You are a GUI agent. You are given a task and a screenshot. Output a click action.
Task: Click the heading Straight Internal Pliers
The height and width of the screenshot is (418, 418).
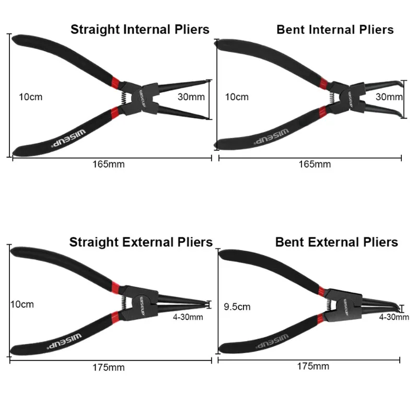tap(140, 30)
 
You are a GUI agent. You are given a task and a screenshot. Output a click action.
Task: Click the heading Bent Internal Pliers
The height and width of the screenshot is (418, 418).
tap(335, 30)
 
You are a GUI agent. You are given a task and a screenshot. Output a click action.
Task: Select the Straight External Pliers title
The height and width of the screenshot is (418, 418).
tap(141, 242)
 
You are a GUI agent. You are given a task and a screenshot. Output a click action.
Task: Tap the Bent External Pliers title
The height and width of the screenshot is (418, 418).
tap(336, 242)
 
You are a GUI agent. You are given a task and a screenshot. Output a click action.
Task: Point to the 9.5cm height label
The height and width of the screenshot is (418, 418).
tap(237, 307)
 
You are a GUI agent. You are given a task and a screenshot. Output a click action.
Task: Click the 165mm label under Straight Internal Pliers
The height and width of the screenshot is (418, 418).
tap(109, 164)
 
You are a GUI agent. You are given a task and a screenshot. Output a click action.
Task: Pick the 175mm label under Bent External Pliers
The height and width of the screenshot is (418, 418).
tap(313, 366)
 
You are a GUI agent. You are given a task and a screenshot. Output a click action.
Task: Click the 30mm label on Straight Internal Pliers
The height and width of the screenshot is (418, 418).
tap(191, 97)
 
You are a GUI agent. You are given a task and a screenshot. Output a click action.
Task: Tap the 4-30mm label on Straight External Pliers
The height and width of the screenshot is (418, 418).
tap(188, 317)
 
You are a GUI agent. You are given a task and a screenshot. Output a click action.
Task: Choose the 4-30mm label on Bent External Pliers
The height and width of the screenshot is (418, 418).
tap(394, 317)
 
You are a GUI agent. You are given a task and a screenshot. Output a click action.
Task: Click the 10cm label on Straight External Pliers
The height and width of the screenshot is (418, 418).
tap(22, 305)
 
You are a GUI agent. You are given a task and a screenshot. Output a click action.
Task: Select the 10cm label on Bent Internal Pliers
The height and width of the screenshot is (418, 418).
tap(237, 97)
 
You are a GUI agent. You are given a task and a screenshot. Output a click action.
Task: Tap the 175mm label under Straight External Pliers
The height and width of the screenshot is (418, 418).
tap(109, 368)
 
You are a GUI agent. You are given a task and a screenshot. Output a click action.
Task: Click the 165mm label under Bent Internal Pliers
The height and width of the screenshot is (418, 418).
tap(315, 164)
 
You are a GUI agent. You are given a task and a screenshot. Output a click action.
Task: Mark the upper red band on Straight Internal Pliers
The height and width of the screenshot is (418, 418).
tap(115, 83)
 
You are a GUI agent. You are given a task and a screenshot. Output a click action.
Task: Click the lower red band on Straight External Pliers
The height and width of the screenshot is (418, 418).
tap(115, 317)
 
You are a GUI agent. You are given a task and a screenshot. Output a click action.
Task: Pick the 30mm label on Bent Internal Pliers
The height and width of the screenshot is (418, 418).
tap(389, 97)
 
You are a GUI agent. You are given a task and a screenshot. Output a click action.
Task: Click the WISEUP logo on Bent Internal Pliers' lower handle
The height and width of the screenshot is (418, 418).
tap(271, 136)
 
